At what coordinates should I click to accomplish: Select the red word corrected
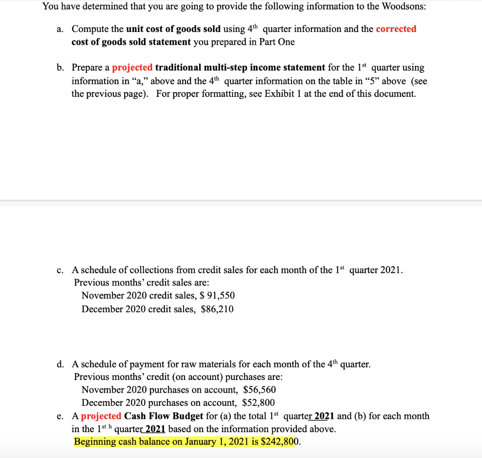coord(396,29)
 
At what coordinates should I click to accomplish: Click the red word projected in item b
coord(132,68)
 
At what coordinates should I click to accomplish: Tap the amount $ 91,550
coord(217,296)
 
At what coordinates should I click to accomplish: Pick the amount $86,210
coord(217,309)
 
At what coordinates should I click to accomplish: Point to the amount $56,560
coord(259,390)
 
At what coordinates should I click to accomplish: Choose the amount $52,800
coord(258,403)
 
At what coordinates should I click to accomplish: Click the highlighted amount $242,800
coord(280,442)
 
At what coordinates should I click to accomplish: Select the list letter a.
coord(60,29)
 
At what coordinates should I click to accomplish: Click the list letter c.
coord(60,270)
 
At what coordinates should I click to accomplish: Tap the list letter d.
coord(60,364)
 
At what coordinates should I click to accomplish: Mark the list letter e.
coord(60,416)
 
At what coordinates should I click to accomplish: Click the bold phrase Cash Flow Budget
coord(164,416)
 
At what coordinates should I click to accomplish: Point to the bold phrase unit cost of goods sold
coord(173,29)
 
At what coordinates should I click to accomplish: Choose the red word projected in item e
coord(101,416)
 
